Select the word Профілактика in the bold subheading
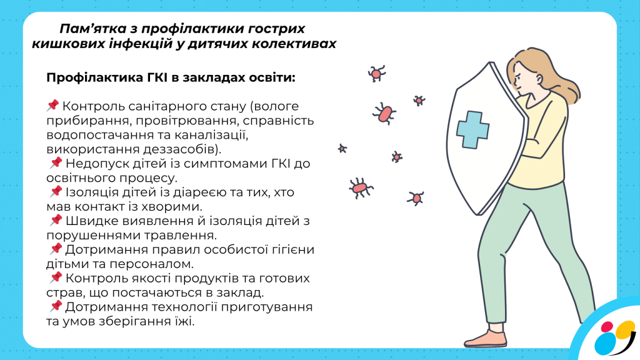pyautogui.click(x=95, y=78)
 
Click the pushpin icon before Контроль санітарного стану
pyautogui.click(x=52, y=105)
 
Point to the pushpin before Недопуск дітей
pyautogui.click(x=56, y=162)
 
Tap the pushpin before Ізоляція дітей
pyautogui.click(x=56, y=191)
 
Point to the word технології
pyautogui.click(x=185, y=307)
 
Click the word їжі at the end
pyautogui.click(x=186, y=321)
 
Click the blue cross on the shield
pyautogui.click(x=472, y=129)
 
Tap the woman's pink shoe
pyautogui.click(x=486, y=339)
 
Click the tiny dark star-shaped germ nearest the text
pyautogui.click(x=342, y=149)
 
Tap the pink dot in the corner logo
pyautogui.click(x=607, y=327)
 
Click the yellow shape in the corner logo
pyautogui.click(x=625, y=329)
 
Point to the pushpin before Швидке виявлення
pyautogui.click(x=56, y=220)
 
